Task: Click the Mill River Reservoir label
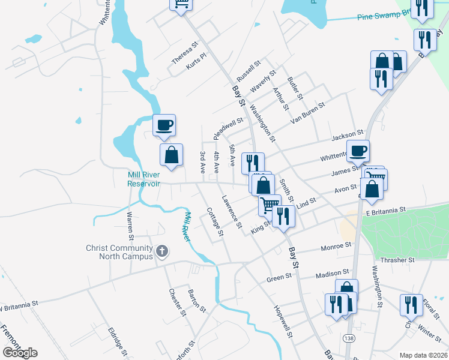pos(144,179)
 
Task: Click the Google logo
pos(20,352)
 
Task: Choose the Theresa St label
pos(184,53)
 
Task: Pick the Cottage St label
pos(215,221)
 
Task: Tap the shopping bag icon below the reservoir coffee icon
pos(172,154)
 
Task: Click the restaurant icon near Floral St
pos(411,305)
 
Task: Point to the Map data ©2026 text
pos(423,355)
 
